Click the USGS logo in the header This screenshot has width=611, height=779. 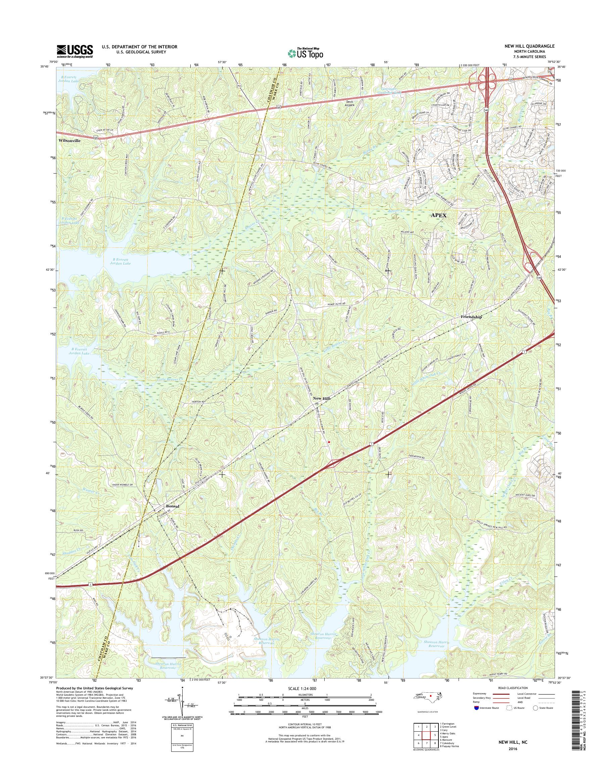pos(75,51)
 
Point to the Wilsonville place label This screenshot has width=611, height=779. pos(70,141)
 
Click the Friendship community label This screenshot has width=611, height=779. pos(471,317)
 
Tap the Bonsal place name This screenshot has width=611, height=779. pos(173,506)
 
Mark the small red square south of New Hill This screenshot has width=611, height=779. pos(329,442)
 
